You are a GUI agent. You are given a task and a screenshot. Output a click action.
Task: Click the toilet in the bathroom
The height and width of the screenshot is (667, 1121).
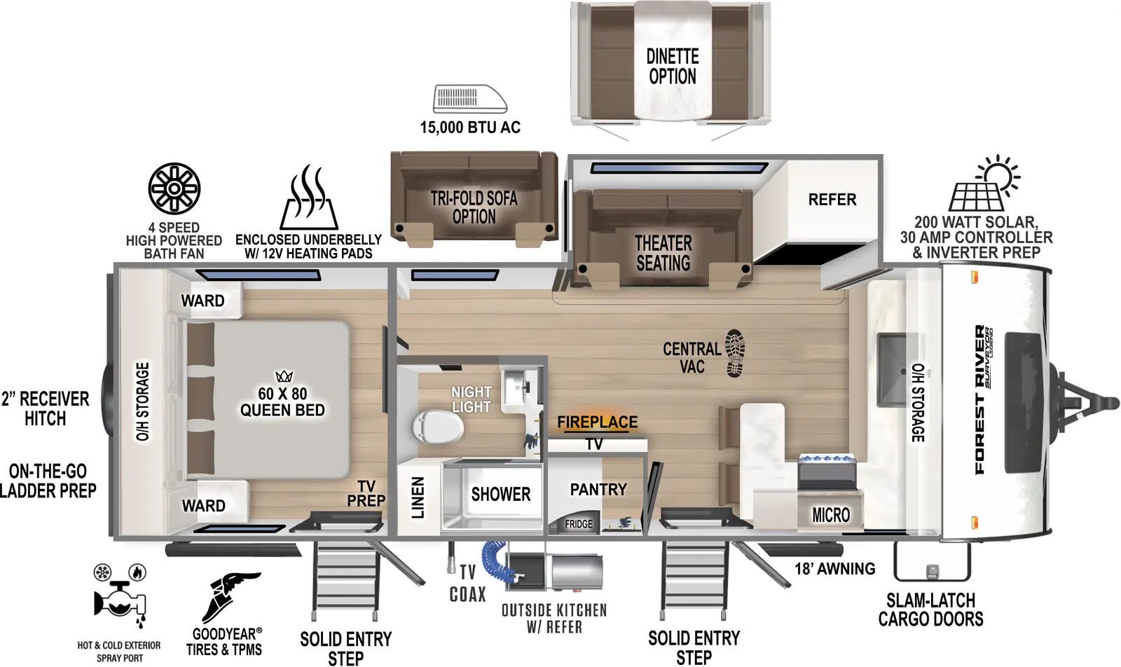pos(437,426)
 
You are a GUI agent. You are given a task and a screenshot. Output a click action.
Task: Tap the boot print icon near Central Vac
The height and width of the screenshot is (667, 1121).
pos(735,353)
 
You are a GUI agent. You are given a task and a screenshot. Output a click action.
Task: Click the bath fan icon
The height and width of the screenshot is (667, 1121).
pos(174,188)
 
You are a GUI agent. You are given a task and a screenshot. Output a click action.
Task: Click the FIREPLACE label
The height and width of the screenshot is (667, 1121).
pos(598,422)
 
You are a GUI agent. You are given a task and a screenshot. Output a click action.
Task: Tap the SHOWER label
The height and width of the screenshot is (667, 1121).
pos(500,495)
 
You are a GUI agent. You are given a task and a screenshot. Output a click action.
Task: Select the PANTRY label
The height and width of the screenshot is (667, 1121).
pos(598,489)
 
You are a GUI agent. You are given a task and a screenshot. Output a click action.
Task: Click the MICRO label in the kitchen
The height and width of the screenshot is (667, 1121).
pos(831,515)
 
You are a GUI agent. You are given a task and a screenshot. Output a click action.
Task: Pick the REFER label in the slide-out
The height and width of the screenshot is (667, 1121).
pos(832,200)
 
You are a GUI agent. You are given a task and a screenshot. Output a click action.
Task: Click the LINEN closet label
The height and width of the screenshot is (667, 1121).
pos(418,497)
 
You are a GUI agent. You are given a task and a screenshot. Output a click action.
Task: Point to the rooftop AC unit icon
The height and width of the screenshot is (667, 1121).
pos(470,99)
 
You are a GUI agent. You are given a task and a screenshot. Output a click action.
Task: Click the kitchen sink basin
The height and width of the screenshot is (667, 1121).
pos(892,371)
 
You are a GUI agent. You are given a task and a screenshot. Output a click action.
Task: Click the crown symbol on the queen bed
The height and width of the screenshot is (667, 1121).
pos(284,376)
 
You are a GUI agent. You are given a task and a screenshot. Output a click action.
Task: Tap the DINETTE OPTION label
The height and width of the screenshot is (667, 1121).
pos(673,67)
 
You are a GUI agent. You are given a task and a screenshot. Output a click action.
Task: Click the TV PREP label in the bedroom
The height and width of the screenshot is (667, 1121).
pos(366,493)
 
